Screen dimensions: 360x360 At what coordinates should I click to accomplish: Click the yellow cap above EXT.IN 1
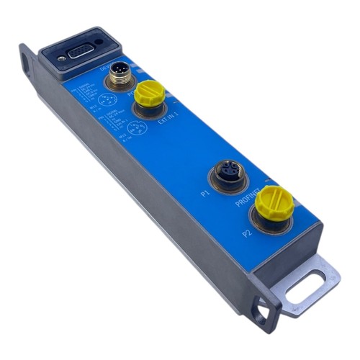[x=151, y=94]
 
